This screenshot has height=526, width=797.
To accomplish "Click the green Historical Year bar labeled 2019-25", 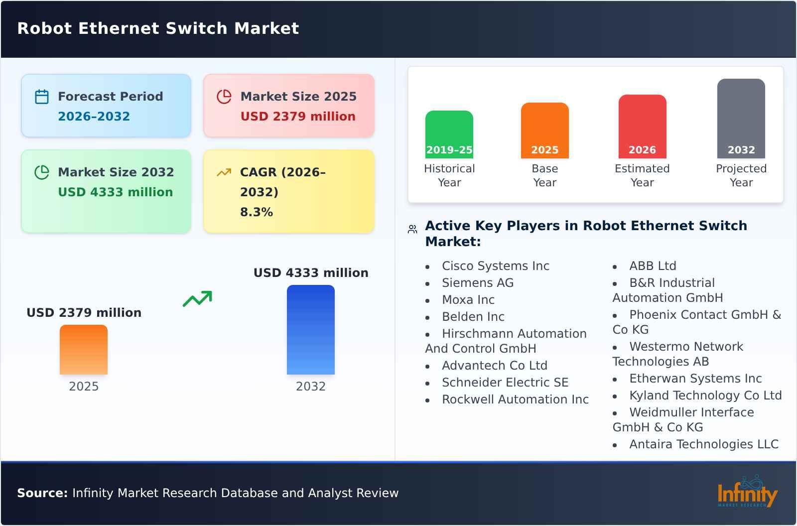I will (449, 134).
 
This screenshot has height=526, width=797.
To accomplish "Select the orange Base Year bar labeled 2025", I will (544, 130).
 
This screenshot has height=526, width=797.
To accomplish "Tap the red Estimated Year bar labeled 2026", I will (642, 126).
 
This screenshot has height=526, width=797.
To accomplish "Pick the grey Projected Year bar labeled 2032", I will (741, 118).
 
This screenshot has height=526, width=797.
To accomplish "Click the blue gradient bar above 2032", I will (310, 329).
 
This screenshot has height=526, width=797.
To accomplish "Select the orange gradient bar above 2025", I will (84, 349).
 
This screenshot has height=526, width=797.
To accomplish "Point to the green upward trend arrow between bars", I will (197, 299).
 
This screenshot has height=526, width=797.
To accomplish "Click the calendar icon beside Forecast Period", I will (42, 97).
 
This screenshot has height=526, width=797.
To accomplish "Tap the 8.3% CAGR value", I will (256, 212).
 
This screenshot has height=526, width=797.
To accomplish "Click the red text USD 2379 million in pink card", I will (298, 117).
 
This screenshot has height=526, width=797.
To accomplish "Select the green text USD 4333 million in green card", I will (116, 192).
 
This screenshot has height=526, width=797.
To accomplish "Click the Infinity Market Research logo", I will (747, 492).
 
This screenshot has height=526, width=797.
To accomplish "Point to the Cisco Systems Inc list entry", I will (495, 266).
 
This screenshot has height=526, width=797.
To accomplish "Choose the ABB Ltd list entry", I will (653, 266).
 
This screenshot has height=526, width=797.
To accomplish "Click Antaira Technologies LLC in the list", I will (703, 444).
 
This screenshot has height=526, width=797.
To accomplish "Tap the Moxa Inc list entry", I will (468, 300).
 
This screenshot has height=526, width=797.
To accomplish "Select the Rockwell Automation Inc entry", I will (515, 399).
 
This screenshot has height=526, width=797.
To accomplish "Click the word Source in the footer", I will (42, 493).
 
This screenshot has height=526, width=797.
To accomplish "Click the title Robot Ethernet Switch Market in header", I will (158, 28).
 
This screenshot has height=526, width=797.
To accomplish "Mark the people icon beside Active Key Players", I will (412, 229).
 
